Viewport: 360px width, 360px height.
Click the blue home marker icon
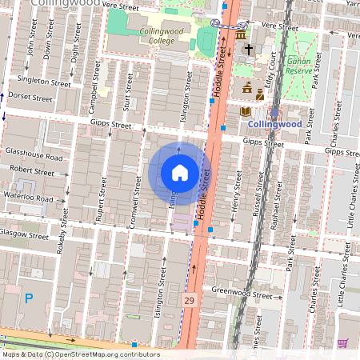click(179, 172)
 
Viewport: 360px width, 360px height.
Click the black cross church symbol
click(248, 50)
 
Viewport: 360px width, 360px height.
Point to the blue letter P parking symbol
click(29, 298)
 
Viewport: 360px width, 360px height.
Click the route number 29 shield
click(189, 300)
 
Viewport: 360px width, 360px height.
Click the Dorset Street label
click(30, 98)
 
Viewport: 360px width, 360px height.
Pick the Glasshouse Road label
click(32, 157)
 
